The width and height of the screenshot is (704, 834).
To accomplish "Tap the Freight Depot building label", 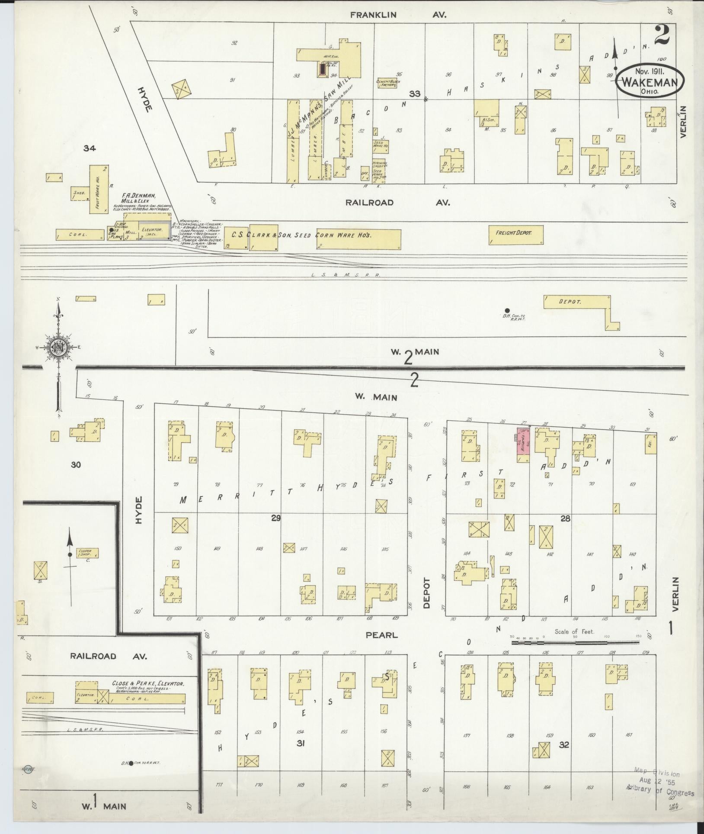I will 515,233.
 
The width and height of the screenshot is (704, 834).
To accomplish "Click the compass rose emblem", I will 58,346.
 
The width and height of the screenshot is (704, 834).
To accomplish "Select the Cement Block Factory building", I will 387,83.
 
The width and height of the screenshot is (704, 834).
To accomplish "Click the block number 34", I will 90,149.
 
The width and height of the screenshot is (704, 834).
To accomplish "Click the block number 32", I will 563,745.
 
